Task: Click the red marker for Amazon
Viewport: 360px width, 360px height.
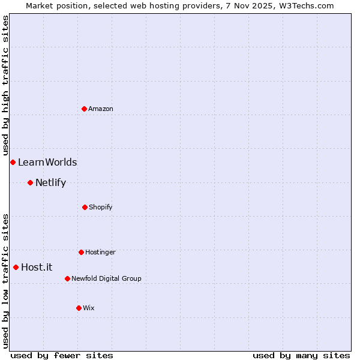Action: (x=85, y=109)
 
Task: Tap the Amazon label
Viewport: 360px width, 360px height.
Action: (x=101, y=109)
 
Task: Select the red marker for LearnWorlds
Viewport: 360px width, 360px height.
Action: (x=13, y=162)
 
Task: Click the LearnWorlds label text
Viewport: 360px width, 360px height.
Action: (x=47, y=162)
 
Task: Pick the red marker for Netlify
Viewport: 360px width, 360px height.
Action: (x=30, y=182)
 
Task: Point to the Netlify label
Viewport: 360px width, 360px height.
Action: (x=50, y=182)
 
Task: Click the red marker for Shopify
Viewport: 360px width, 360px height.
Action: (x=85, y=207)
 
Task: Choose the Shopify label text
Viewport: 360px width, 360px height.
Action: (x=100, y=207)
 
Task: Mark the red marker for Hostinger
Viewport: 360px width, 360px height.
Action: (x=81, y=252)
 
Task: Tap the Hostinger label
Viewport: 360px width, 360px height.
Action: (x=100, y=252)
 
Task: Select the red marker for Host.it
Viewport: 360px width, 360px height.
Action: (x=16, y=267)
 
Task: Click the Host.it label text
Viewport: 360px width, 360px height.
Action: (x=37, y=267)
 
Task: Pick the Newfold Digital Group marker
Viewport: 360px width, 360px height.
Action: (x=67, y=278)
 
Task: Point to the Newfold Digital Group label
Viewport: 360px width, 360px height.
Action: (x=106, y=278)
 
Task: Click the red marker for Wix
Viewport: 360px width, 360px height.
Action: (x=79, y=308)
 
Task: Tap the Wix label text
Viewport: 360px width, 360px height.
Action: (x=89, y=308)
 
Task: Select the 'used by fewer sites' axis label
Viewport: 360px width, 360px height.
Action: (x=62, y=355)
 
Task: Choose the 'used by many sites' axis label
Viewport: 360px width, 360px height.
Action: (x=301, y=355)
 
